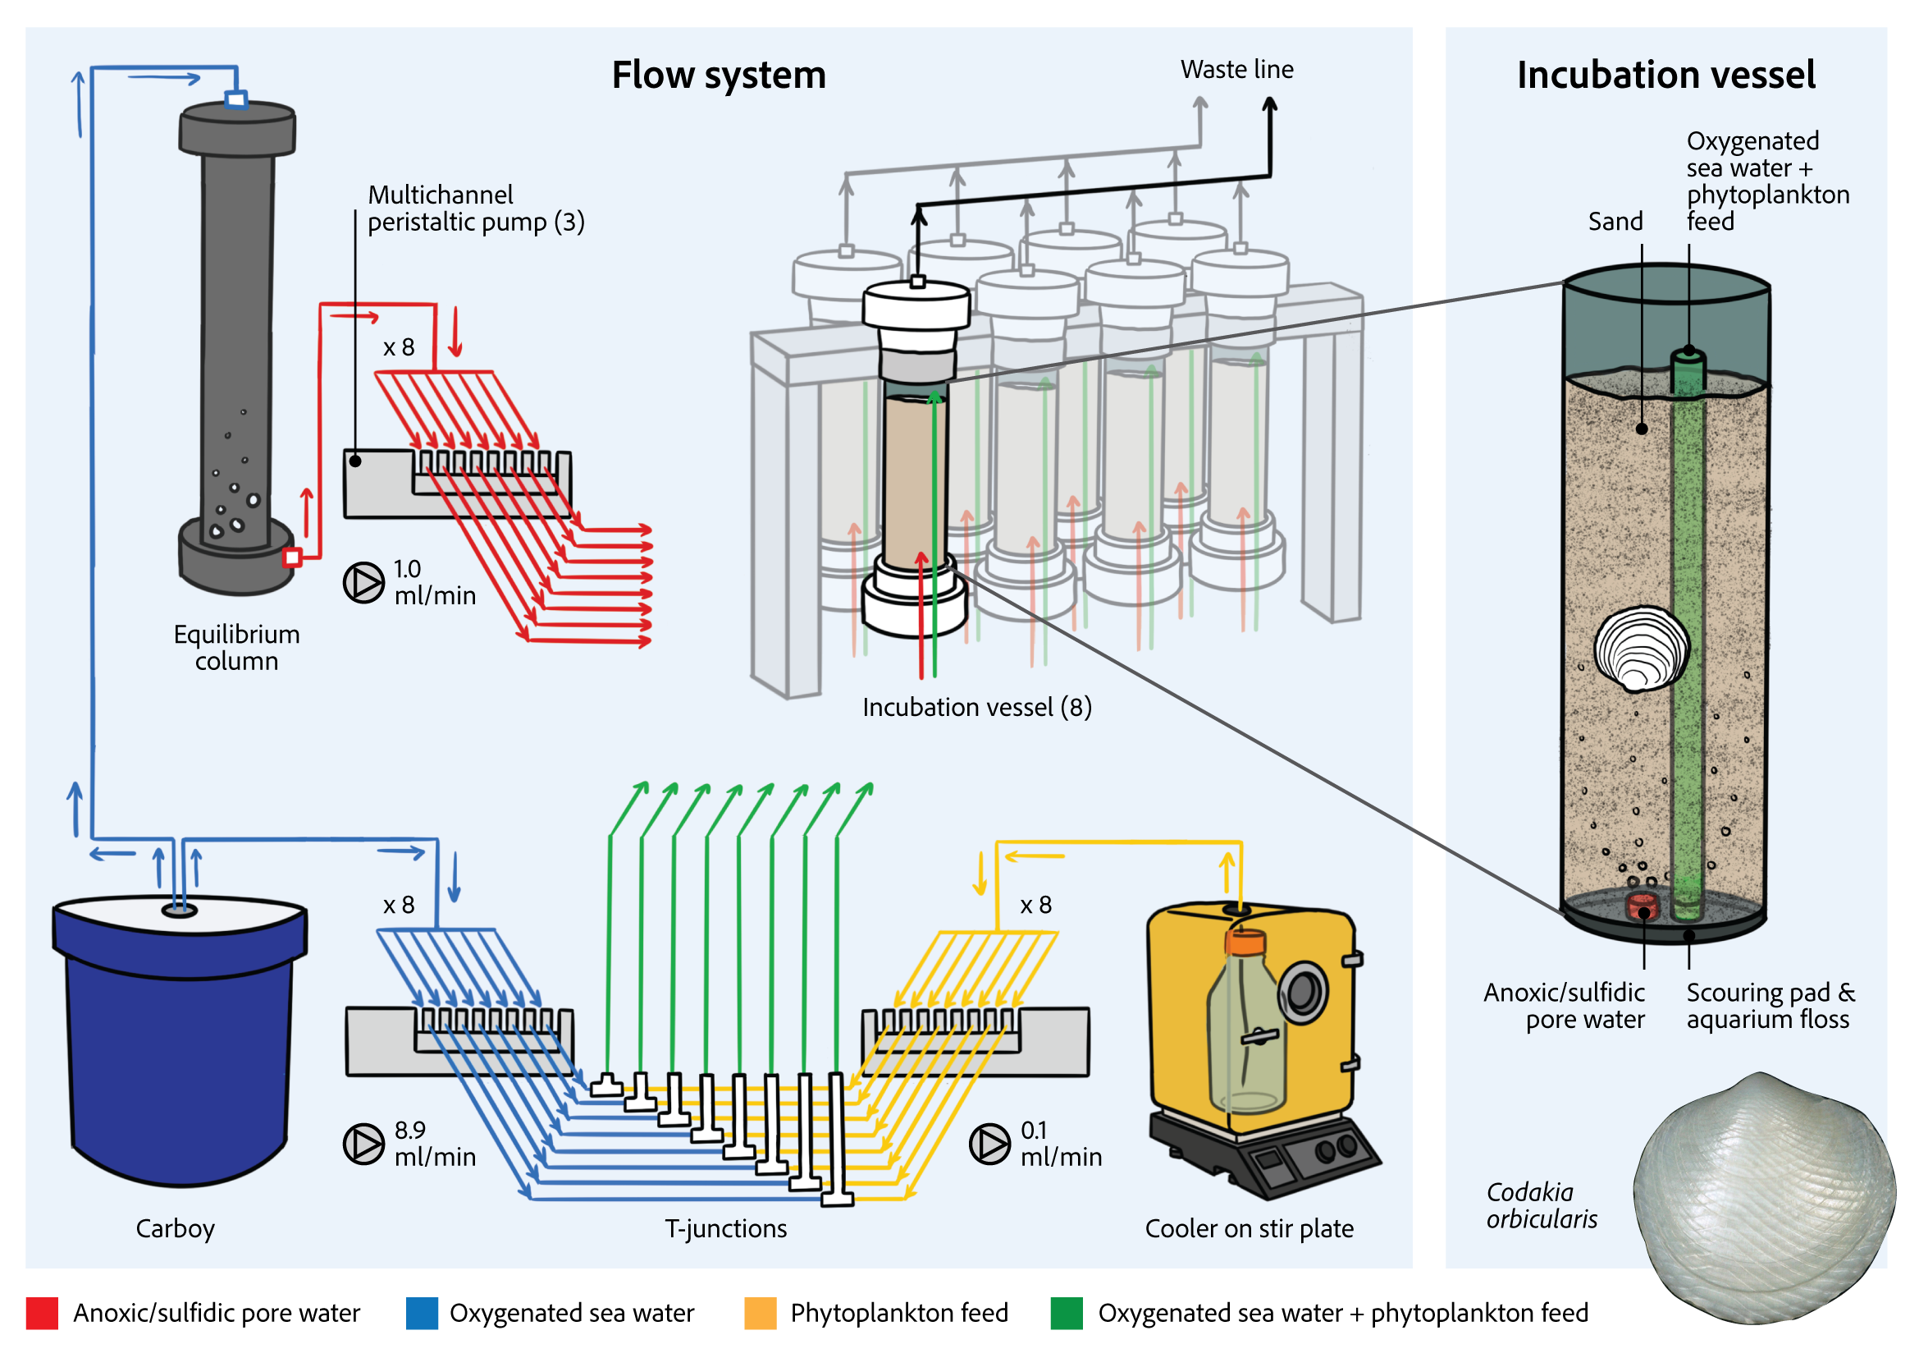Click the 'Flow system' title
(x=718, y=76)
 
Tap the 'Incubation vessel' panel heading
(x=1665, y=76)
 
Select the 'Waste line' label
(x=1236, y=70)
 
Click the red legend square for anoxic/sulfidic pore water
(x=42, y=1313)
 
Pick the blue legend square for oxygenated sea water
(x=421, y=1313)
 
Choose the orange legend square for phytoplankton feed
(x=760, y=1313)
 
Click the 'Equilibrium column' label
(x=236, y=647)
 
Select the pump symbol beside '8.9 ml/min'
(x=363, y=1144)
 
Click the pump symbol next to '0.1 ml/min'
(x=989, y=1144)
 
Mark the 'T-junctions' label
(x=725, y=1228)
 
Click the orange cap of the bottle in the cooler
(x=1245, y=943)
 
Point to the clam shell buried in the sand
(x=1641, y=649)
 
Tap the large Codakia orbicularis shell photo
(x=1764, y=1195)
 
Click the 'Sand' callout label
(x=1615, y=222)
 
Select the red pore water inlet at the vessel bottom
(x=1642, y=906)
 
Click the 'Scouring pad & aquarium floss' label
(x=1770, y=1006)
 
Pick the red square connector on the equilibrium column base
(x=292, y=557)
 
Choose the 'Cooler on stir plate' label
(x=1249, y=1228)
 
